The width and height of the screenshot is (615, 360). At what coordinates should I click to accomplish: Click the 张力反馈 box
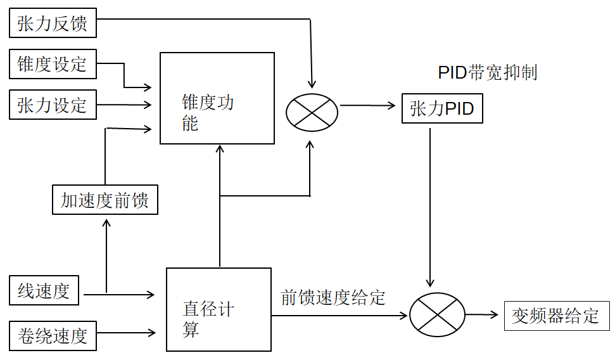coord(53,24)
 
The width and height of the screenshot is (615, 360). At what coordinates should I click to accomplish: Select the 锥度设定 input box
coord(53,65)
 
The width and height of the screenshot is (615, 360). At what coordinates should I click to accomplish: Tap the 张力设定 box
coord(53,105)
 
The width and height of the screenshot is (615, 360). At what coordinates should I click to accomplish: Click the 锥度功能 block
coord(217,98)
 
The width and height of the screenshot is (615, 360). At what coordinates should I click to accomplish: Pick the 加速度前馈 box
coord(105,201)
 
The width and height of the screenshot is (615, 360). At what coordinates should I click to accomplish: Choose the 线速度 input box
coord(44,292)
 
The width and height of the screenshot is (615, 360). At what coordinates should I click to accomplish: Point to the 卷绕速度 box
coord(53,335)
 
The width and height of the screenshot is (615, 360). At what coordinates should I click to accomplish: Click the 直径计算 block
coord(218,309)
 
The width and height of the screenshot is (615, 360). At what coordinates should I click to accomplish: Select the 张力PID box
coord(442,109)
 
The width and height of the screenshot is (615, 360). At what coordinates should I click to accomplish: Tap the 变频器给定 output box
coord(557,316)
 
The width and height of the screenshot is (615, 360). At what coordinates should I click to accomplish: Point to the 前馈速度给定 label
coord(333,298)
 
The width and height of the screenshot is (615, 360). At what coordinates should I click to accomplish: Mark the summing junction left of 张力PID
coord(312,112)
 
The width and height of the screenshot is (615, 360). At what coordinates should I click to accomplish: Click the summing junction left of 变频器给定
coord(437,314)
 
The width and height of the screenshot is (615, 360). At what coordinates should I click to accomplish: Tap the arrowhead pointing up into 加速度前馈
coord(106,222)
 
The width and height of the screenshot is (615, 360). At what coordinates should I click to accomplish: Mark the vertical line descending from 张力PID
coord(431,203)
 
